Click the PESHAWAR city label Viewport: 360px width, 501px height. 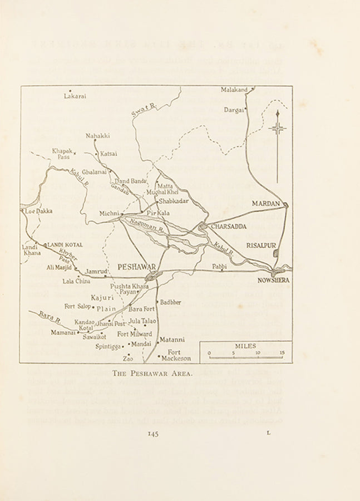pos(136,268)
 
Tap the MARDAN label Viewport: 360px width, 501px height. pos(265,204)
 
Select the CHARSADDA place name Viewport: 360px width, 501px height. pos(228,227)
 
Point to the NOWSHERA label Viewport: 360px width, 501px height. pos(273,281)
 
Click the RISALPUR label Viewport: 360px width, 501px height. pos(261,245)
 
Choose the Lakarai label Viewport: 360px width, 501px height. pos(75,96)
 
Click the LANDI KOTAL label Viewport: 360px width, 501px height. pos(65,245)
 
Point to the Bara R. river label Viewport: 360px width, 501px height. pos(50,318)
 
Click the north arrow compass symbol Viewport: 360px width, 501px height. pos(277,129)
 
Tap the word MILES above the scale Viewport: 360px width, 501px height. pos(245,346)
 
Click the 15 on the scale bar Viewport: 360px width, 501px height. pos(282,352)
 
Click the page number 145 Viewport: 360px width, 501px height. pos(153,434)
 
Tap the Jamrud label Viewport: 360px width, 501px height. pos(95,271)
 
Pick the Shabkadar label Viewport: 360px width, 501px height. pos(172,200)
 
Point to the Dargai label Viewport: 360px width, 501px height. pos(234,110)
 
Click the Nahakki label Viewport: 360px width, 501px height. pos(97,135)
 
